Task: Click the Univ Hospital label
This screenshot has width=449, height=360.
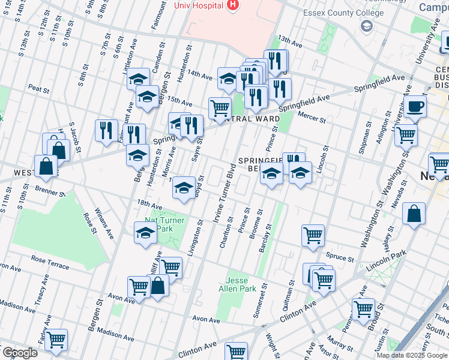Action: (197, 5)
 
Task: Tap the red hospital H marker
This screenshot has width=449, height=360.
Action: (233, 5)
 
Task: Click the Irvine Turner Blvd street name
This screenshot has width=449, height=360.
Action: (224, 192)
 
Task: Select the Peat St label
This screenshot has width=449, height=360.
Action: (38, 89)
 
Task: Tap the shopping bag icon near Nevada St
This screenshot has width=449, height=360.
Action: (414, 214)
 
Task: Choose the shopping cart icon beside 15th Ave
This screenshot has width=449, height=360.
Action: (220, 109)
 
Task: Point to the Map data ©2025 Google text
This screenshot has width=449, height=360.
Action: (412, 355)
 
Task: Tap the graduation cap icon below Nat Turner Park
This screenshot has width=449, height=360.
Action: (145, 233)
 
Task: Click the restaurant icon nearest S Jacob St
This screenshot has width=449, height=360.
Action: (106, 130)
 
